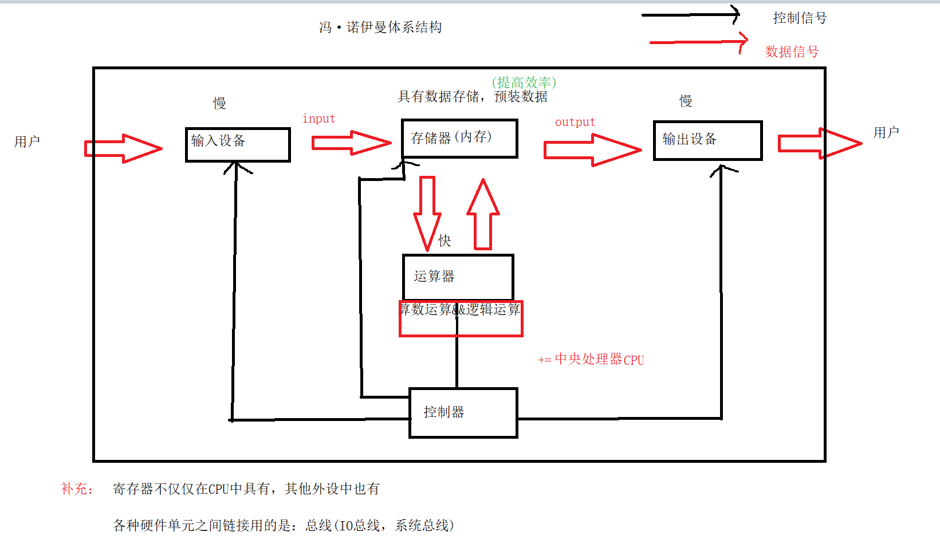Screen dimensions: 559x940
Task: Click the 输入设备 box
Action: tap(238, 144)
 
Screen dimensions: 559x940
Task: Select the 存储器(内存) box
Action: tap(459, 138)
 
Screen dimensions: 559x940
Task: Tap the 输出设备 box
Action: tap(707, 140)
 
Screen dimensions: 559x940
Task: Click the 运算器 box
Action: tap(458, 277)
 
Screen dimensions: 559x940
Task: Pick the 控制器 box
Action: tap(463, 412)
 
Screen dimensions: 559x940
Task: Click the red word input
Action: tap(318, 119)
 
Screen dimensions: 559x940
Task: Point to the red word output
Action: tap(575, 122)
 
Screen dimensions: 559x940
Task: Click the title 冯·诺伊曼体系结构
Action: tap(380, 27)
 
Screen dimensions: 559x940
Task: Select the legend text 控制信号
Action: tap(800, 18)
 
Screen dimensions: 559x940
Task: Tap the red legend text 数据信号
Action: tap(792, 52)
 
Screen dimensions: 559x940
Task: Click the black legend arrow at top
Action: tap(690, 15)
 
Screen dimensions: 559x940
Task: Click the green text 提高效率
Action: tap(524, 82)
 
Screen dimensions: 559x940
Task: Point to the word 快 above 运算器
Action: tap(445, 241)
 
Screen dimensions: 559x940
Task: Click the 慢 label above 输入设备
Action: tap(219, 103)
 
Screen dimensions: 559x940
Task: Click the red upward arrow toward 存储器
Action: tap(483, 215)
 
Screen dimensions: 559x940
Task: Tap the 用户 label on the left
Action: tap(27, 141)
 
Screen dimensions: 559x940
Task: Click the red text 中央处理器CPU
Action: tap(599, 359)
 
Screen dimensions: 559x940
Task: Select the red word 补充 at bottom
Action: tap(76, 489)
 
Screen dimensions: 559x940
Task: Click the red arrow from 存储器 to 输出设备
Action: tap(592, 150)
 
